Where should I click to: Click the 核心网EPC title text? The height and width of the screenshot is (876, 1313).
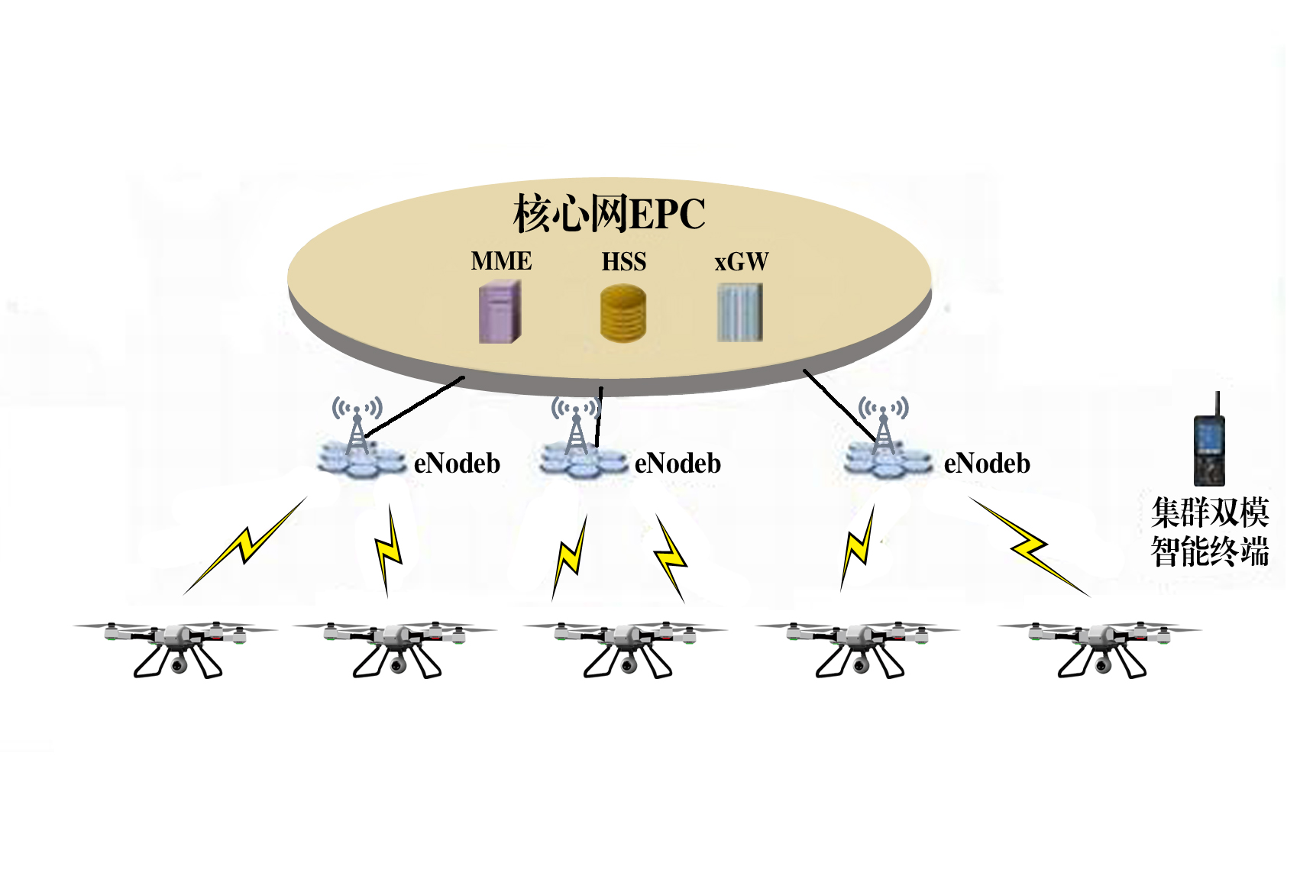(609, 213)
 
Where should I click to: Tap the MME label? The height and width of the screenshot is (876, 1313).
(501, 261)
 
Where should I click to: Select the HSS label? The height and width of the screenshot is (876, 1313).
(623, 262)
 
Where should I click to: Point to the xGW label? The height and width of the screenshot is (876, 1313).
(741, 262)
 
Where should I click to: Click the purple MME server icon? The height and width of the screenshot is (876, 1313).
(500, 312)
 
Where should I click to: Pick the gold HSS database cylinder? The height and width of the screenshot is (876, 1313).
(623, 312)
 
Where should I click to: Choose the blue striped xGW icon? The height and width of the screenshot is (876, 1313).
(739, 312)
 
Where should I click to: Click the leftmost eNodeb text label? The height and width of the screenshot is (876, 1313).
(457, 464)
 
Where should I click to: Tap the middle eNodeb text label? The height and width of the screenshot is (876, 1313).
(678, 464)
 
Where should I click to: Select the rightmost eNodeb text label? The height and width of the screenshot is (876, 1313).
(987, 464)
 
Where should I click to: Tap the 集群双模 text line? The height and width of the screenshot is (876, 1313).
(1210, 512)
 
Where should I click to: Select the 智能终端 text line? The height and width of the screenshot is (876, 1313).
(1210, 551)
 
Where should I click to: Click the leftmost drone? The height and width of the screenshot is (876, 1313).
(176, 646)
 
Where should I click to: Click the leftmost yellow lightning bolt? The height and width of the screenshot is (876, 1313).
(245, 545)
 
